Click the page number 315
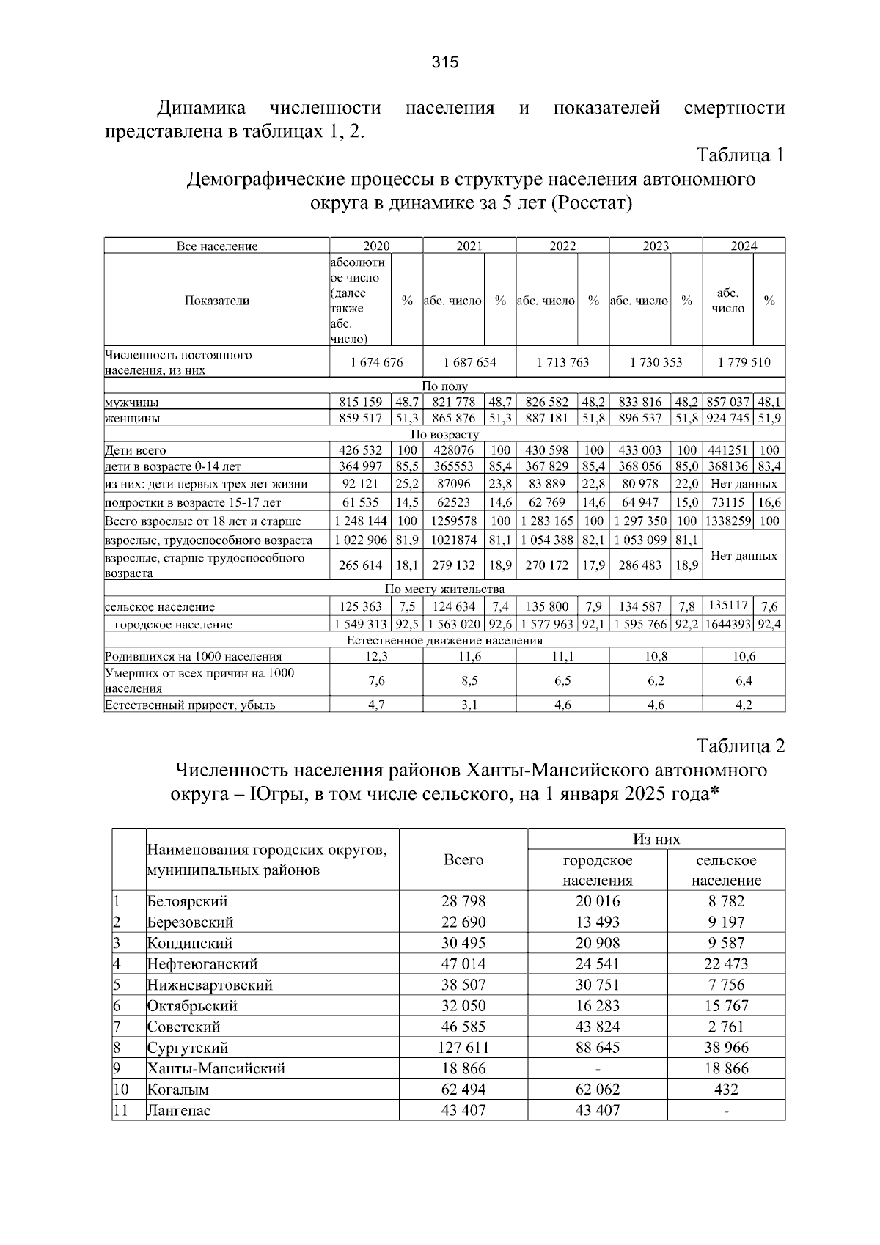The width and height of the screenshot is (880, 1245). pyautogui.click(x=444, y=62)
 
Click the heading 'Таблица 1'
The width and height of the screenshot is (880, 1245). pyautogui.click(x=740, y=155)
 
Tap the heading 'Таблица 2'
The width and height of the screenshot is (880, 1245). pyautogui.click(x=740, y=746)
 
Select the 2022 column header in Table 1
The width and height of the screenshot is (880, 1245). pyautogui.click(x=562, y=246)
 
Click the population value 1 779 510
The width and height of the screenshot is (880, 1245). pyautogui.click(x=744, y=362)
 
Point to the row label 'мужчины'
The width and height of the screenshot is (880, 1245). pyautogui.click(x=132, y=403)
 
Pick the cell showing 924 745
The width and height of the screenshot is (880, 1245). pyautogui.click(x=728, y=419)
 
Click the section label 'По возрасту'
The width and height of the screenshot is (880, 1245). pyautogui.click(x=444, y=434)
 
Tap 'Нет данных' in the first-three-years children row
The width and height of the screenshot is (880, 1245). pyautogui.click(x=744, y=484)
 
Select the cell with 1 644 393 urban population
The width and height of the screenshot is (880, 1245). pyautogui.click(x=728, y=625)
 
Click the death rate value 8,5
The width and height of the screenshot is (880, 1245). pyautogui.click(x=469, y=680)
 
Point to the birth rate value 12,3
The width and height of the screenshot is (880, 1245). pyautogui.click(x=376, y=656)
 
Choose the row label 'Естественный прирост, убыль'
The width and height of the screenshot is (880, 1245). pyautogui.click(x=191, y=705)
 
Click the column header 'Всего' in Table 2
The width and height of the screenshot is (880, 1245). pyautogui.click(x=463, y=860)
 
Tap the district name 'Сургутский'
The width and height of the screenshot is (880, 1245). pyautogui.click(x=188, y=1048)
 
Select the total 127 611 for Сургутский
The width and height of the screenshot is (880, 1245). pyautogui.click(x=463, y=1048)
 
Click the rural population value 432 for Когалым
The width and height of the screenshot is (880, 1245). pyautogui.click(x=726, y=1090)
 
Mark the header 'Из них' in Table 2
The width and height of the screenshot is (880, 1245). pyautogui.click(x=656, y=840)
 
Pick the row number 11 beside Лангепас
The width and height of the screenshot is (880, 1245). pyautogui.click(x=120, y=1110)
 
